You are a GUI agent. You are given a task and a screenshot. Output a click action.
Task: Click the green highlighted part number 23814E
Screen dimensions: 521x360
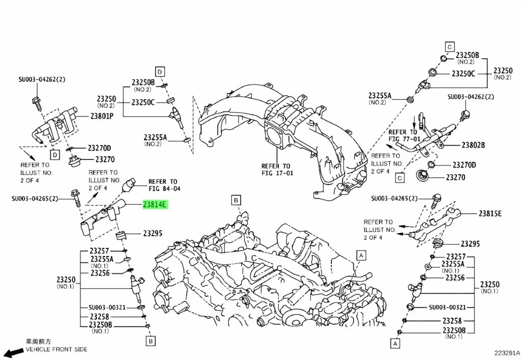[155, 204]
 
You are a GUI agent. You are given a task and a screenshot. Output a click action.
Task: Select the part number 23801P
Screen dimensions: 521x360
[102, 116]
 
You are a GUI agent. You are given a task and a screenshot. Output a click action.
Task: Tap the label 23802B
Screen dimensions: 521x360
[473, 145]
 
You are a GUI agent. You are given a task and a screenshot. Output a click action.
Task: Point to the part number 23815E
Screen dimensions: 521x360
[490, 213]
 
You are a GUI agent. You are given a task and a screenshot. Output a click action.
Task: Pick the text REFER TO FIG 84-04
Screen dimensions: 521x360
[164, 185]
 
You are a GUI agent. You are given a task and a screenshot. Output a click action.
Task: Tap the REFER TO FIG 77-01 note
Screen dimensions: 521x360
[404, 135]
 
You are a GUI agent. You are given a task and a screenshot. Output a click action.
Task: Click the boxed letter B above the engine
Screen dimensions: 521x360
[236, 200]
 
